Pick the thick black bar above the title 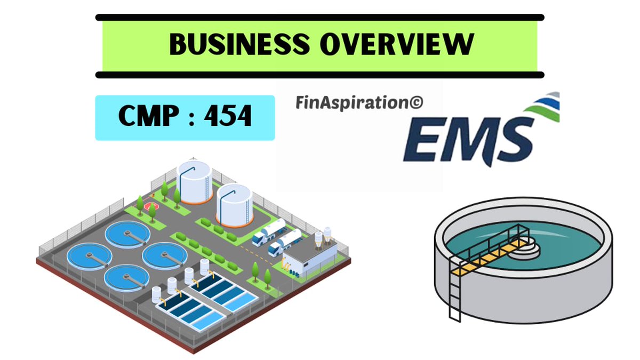pyautogui.click(x=320, y=18)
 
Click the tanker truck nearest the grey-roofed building pyautogui.click(x=284, y=245)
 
